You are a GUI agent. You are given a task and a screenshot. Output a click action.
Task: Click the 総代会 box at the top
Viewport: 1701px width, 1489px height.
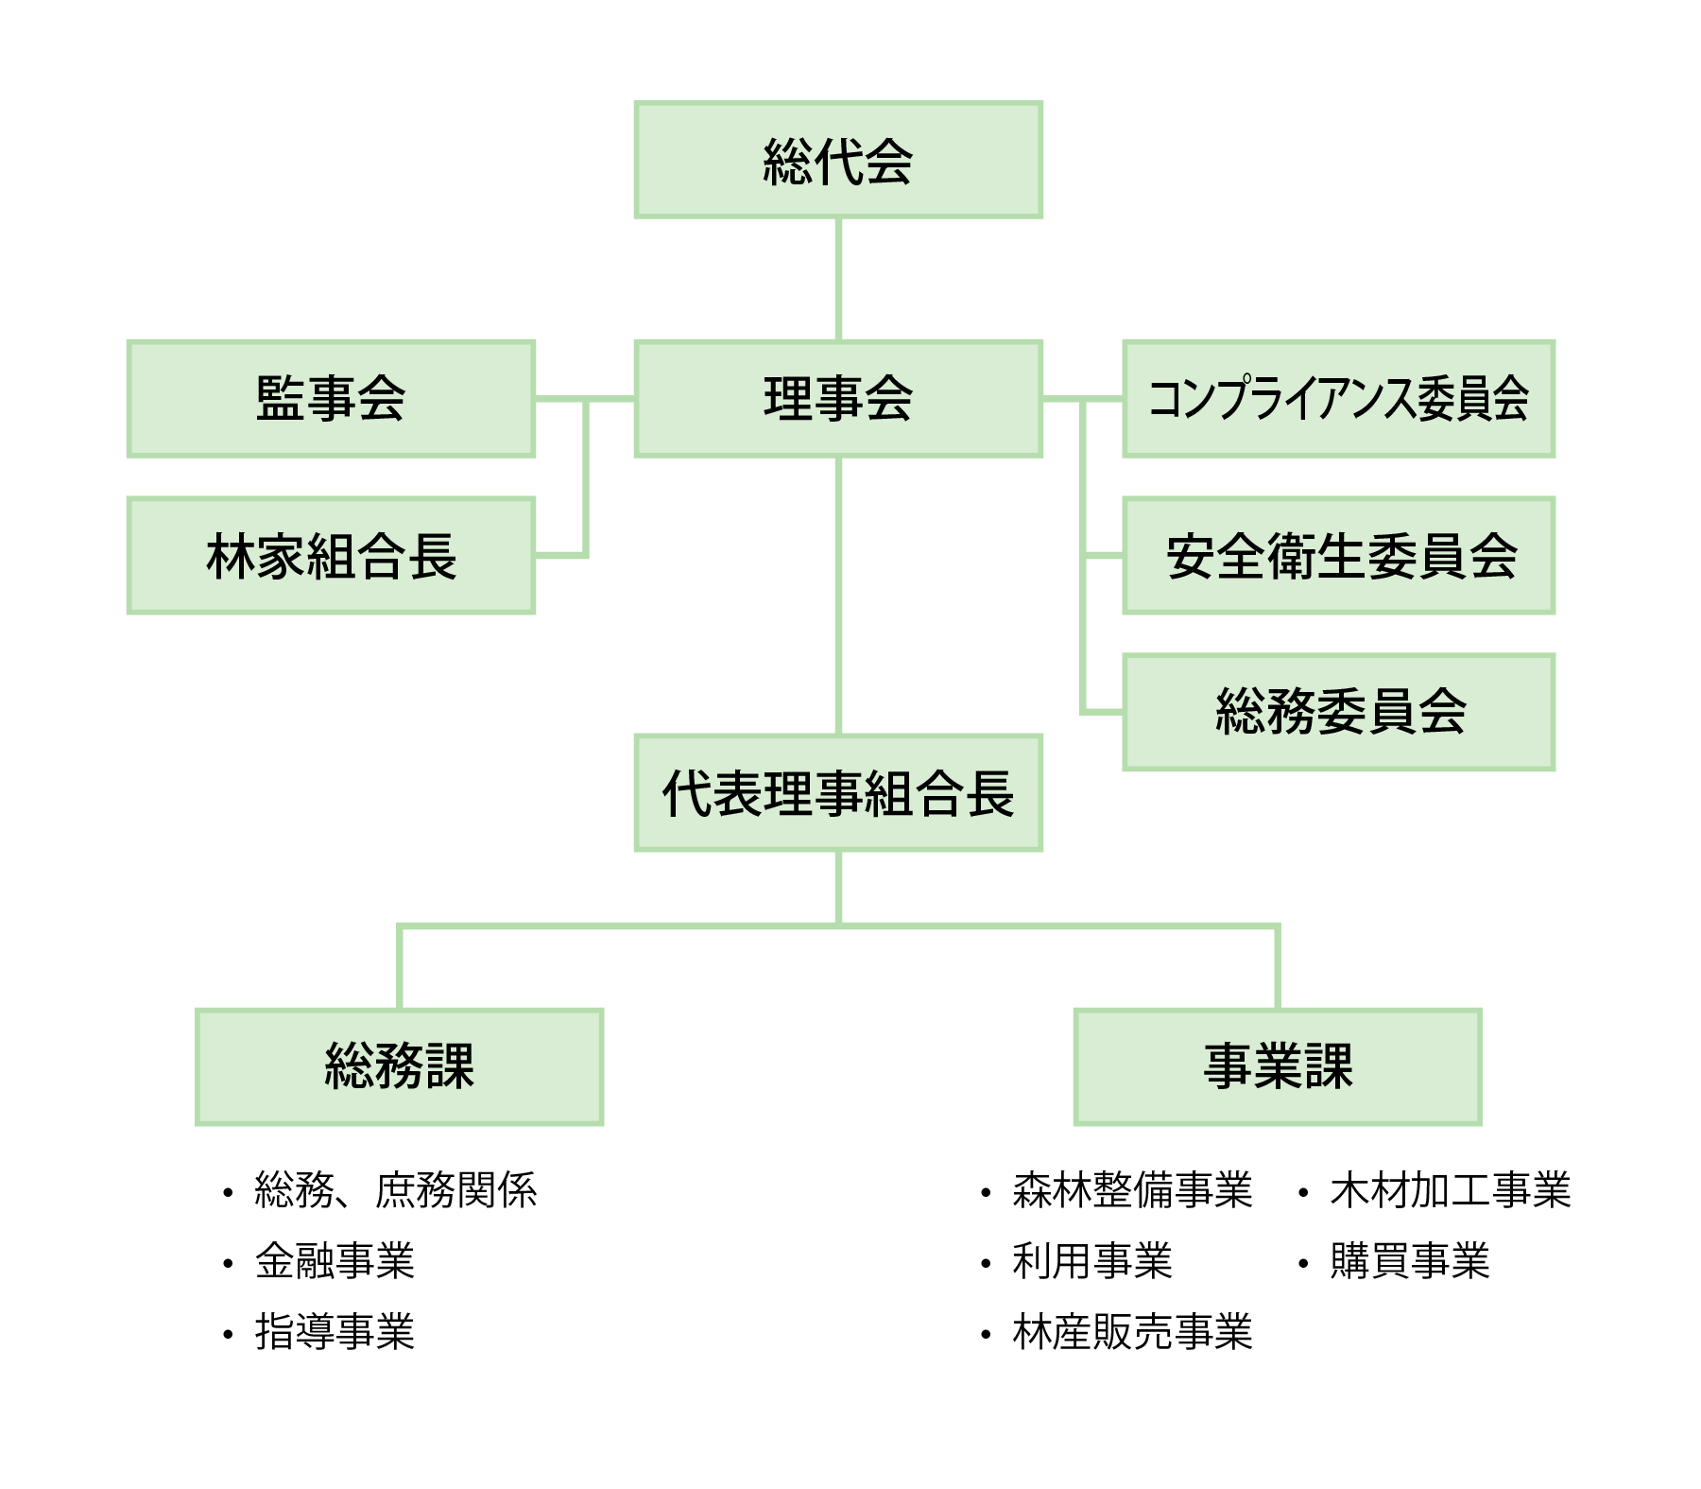click(x=838, y=160)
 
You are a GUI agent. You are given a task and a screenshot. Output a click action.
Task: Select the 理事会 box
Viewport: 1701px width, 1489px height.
click(x=838, y=398)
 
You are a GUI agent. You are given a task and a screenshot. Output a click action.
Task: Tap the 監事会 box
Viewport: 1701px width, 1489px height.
click(x=331, y=398)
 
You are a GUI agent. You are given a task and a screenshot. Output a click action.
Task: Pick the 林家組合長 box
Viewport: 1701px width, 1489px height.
click(x=331, y=555)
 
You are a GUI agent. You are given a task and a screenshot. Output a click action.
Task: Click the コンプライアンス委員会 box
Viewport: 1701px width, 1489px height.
click(x=1338, y=398)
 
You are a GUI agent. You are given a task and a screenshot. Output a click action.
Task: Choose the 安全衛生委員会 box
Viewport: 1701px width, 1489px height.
click(x=1338, y=555)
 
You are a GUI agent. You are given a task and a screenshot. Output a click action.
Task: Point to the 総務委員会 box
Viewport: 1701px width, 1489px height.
click(x=1338, y=711)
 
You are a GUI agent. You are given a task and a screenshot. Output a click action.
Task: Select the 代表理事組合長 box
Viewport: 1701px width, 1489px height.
click(x=838, y=792)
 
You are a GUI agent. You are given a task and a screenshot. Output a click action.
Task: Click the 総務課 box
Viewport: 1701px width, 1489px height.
click(x=399, y=1066)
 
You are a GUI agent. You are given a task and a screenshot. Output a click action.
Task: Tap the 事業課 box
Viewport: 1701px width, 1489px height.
click(x=1277, y=1066)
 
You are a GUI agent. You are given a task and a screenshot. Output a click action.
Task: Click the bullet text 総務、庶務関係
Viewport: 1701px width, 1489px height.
click(x=395, y=1190)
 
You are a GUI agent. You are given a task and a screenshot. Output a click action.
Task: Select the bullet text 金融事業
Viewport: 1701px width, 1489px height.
click(x=335, y=1261)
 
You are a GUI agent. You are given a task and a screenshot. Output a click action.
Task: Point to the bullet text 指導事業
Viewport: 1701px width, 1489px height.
click(x=335, y=1332)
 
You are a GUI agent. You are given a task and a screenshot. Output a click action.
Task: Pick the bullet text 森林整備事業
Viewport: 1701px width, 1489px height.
click(x=1131, y=1190)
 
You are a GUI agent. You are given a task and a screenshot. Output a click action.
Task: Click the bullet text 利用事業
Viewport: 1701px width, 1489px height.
click(x=1091, y=1261)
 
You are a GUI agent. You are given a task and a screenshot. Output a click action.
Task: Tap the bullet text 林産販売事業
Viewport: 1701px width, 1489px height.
click(x=1131, y=1332)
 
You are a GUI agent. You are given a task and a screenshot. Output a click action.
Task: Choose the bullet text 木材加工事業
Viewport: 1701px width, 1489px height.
click(x=1450, y=1190)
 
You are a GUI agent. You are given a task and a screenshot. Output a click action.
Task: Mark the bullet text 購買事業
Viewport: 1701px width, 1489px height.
click(x=1409, y=1261)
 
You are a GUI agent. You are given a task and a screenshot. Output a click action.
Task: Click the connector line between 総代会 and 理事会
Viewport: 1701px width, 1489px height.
click(x=838, y=279)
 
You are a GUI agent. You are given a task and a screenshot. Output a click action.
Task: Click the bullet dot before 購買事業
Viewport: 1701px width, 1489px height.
click(x=1303, y=1263)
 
